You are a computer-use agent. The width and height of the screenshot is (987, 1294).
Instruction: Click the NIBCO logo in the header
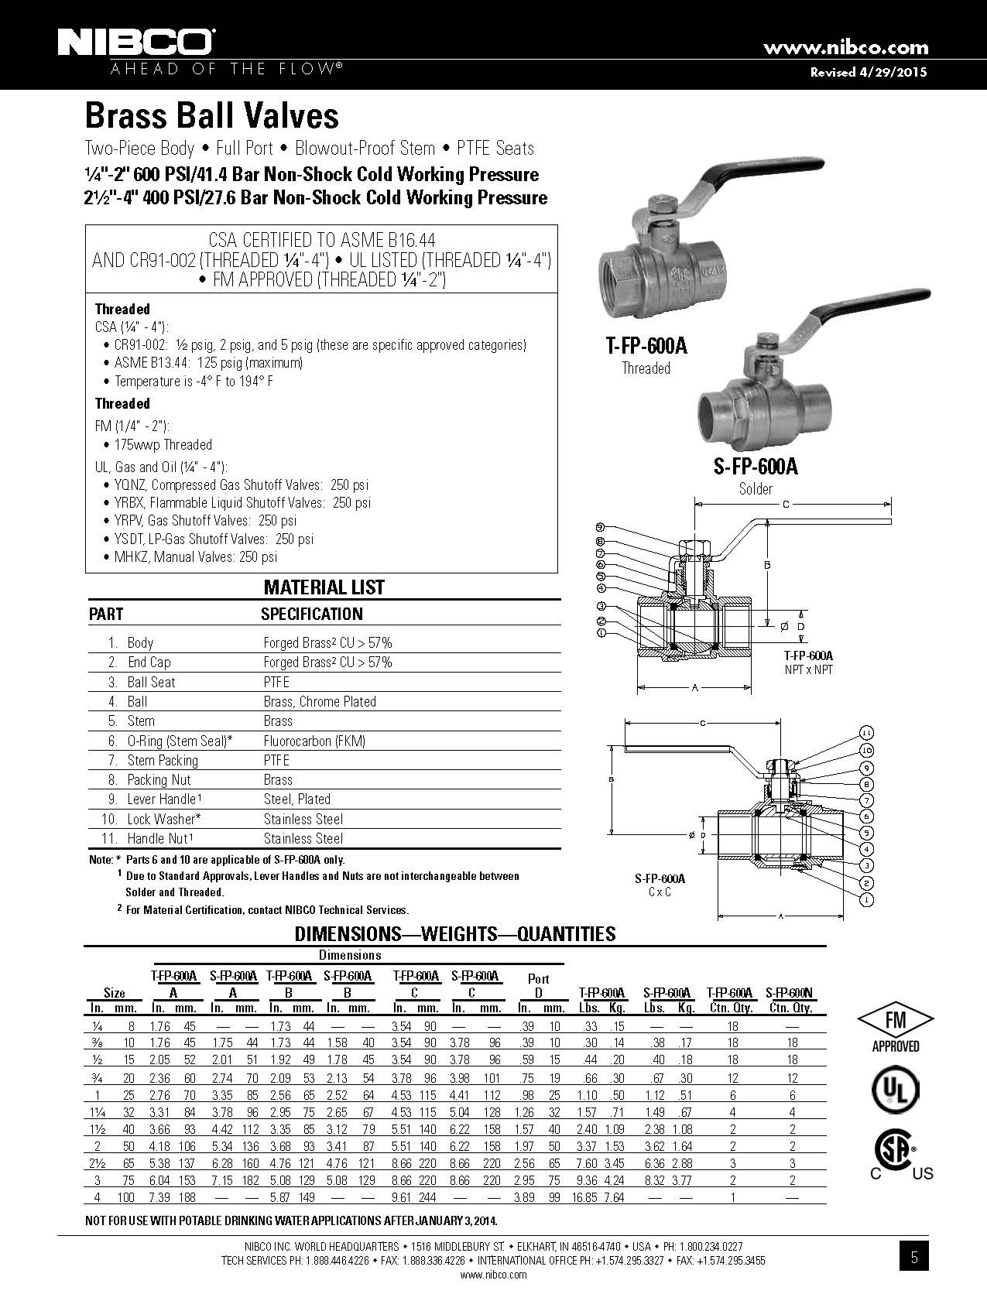(137, 43)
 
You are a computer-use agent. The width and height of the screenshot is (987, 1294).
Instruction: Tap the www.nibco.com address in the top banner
(845, 46)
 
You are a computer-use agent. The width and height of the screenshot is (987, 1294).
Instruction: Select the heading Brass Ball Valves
(211, 115)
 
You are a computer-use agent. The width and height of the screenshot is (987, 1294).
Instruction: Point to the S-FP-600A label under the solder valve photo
(756, 467)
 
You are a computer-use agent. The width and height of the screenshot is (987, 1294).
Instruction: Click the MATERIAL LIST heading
(324, 587)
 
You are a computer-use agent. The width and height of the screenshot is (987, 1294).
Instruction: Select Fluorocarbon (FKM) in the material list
(314, 741)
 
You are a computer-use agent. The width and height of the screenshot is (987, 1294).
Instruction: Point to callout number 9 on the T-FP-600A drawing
(601, 526)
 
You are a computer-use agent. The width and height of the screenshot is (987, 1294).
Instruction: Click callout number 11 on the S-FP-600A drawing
(867, 733)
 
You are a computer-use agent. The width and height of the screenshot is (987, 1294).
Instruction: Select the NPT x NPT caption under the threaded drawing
(808, 669)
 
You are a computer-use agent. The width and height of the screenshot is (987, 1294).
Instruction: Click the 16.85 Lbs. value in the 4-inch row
(584, 1197)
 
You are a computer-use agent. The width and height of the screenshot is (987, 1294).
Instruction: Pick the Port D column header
(538, 985)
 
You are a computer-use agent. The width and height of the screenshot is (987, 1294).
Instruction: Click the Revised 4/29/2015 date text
(869, 72)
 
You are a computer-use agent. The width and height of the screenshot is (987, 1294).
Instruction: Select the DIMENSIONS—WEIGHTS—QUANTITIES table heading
(454, 934)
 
